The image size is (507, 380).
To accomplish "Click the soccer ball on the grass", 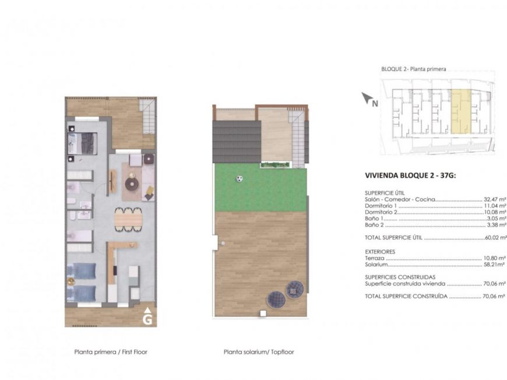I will click(x=239, y=178).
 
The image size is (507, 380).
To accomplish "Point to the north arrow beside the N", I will click(x=366, y=97).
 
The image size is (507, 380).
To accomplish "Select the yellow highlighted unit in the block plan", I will click(x=460, y=110).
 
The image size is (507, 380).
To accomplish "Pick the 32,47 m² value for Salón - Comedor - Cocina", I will click(x=495, y=199).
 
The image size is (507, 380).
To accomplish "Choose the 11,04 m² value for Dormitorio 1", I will click(x=495, y=206).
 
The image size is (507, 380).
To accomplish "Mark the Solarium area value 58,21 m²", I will click(x=495, y=264).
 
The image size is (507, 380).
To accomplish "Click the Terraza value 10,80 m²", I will click(x=495, y=257).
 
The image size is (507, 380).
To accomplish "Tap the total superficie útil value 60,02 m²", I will click(x=495, y=238).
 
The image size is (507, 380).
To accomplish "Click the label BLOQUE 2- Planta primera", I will click(x=414, y=69).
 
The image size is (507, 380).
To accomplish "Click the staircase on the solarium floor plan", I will click(x=298, y=137).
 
